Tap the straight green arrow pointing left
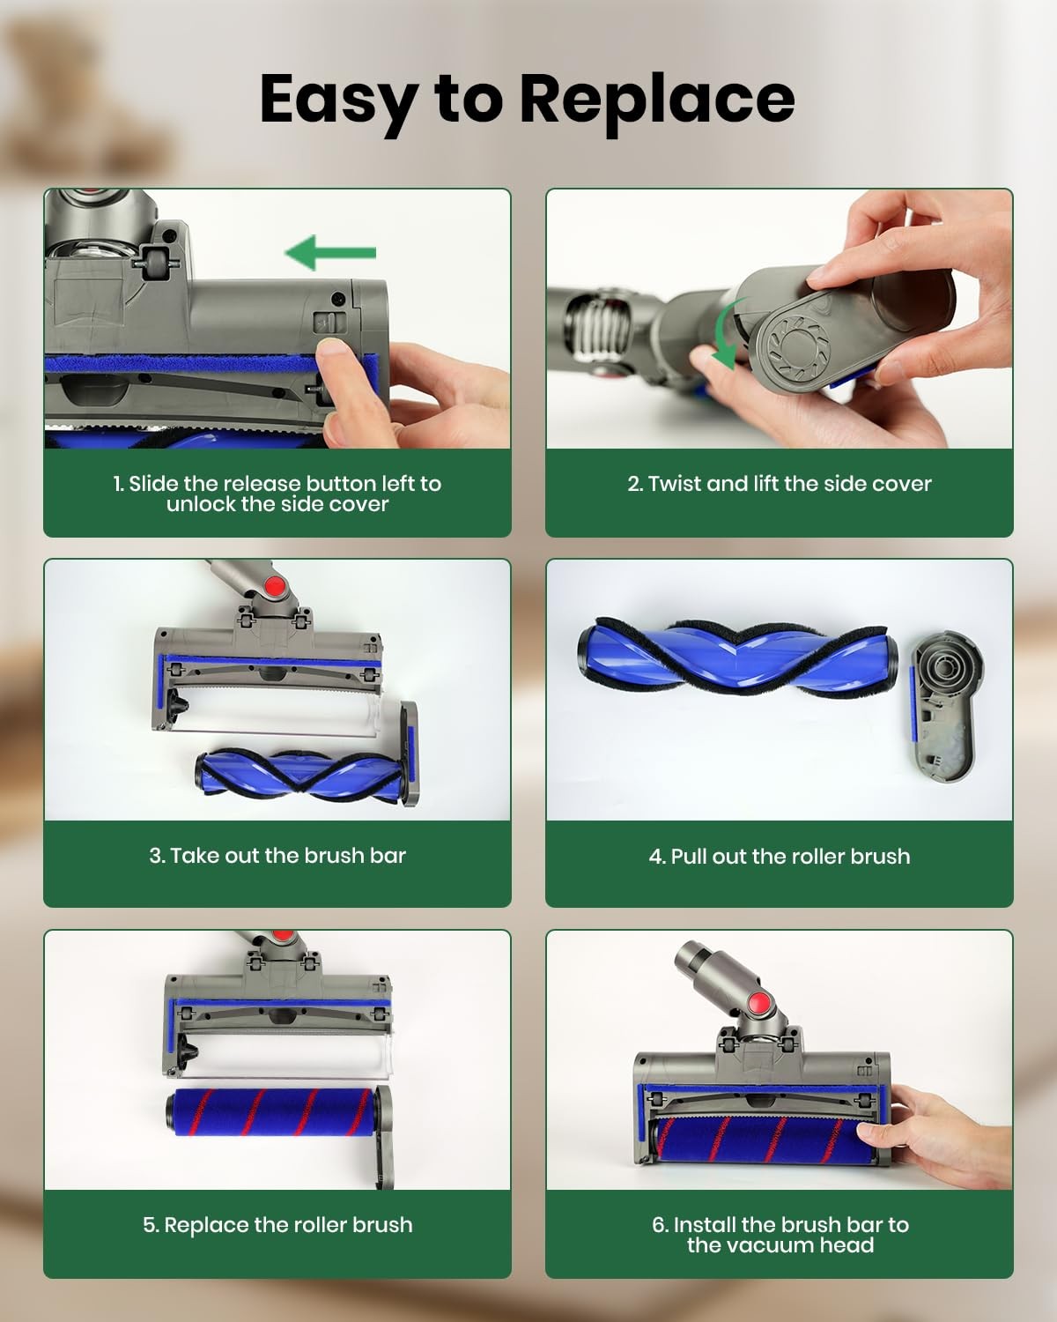pos(330,252)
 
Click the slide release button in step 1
pos(329,323)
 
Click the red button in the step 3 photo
pos(276,589)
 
